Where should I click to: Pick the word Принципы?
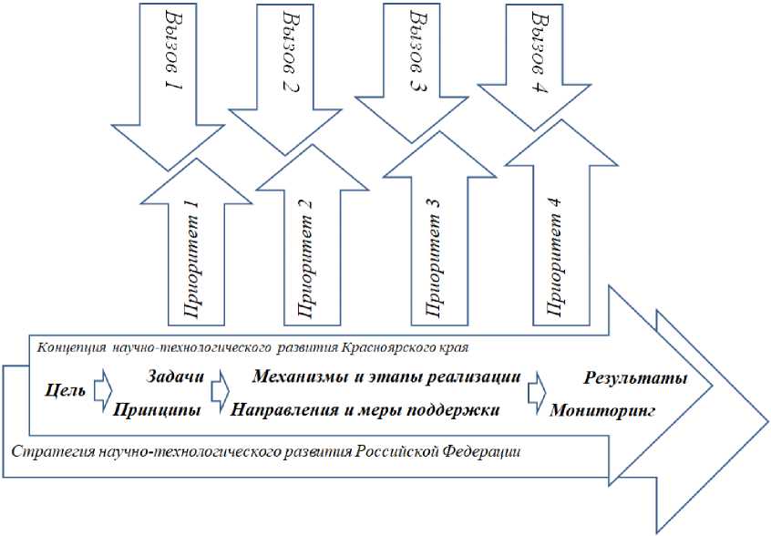157,410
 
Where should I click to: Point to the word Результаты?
635,377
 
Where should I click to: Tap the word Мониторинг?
603,410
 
